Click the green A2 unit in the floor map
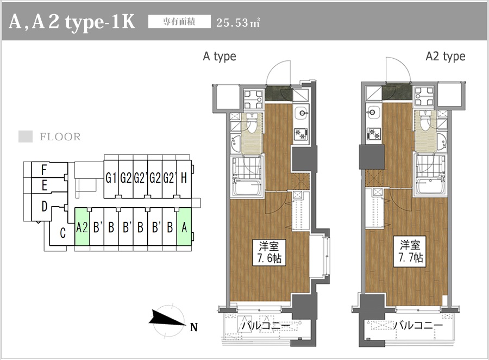(82, 227)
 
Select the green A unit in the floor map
(184, 227)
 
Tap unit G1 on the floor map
(111, 178)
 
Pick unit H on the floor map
(184, 178)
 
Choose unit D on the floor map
(45, 207)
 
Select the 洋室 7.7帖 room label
(410, 252)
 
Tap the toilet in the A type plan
(250, 123)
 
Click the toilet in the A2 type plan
(424, 121)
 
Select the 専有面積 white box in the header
(179, 22)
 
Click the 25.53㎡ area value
(238, 22)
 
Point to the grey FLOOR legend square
(25, 136)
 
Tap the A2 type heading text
(446, 57)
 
